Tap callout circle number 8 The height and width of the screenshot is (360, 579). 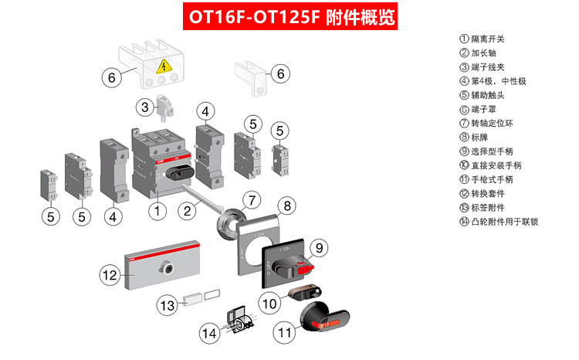pyautogui.click(x=286, y=205)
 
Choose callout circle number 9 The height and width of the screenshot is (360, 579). pyautogui.click(x=320, y=247)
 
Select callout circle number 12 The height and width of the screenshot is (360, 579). pyautogui.click(x=110, y=273)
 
